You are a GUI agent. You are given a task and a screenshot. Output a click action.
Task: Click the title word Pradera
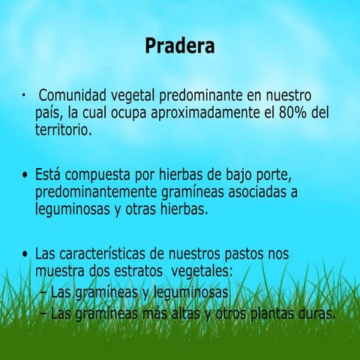(x=179, y=46)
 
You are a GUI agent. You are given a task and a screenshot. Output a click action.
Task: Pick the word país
(x=48, y=113)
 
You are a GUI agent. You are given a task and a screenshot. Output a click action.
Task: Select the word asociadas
(x=259, y=193)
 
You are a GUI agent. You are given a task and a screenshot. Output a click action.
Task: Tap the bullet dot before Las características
(x=25, y=253)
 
